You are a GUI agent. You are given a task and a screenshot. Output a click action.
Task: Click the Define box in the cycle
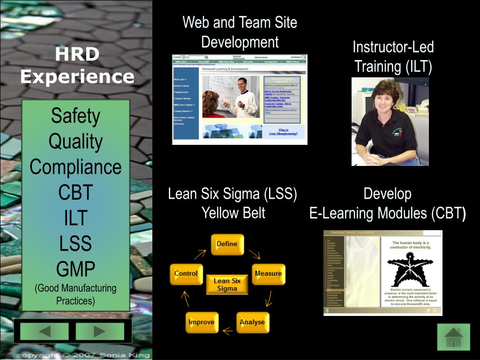coord(227,244)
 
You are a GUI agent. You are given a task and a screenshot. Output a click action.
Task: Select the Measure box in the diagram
coord(268,274)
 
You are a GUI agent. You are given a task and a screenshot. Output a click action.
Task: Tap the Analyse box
coord(252,322)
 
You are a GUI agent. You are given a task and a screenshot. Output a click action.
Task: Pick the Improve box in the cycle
coord(201,322)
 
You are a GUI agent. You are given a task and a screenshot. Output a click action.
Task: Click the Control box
coord(186,274)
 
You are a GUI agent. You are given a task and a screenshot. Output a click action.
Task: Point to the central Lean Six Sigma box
coord(227,285)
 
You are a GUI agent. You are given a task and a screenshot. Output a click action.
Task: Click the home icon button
coord(453,337)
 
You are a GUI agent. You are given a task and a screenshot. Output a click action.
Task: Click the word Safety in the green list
coord(75,116)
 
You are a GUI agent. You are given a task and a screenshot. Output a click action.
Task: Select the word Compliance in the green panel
coord(75,167)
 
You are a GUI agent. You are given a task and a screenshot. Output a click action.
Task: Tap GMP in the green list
coord(75,269)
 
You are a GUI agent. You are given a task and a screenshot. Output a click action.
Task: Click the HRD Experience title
coord(77,65)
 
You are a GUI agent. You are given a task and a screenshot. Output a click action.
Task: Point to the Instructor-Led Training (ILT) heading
coord(393,56)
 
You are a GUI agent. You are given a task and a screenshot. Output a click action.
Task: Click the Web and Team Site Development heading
coord(240,32)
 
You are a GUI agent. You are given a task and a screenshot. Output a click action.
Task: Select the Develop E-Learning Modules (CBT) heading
coord(387,203)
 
